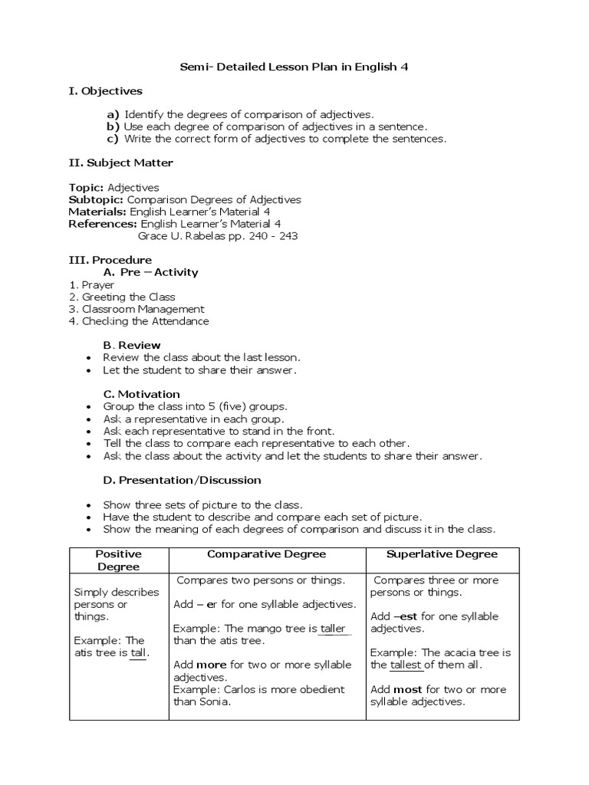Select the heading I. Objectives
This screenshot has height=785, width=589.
(106, 91)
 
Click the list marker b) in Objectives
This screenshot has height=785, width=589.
(114, 126)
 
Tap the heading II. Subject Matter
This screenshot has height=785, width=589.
(121, 163)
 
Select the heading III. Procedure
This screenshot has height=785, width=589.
(110, 260)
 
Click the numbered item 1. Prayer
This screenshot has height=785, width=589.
(91, 284)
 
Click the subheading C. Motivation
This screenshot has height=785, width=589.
(142, 394)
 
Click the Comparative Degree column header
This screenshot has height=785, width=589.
(266, 554)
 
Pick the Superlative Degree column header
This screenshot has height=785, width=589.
(442, 554)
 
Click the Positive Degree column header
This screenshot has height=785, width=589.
(118, 560)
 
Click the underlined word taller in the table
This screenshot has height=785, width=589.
(333, 629)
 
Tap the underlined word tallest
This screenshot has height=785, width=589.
(406, 665)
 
